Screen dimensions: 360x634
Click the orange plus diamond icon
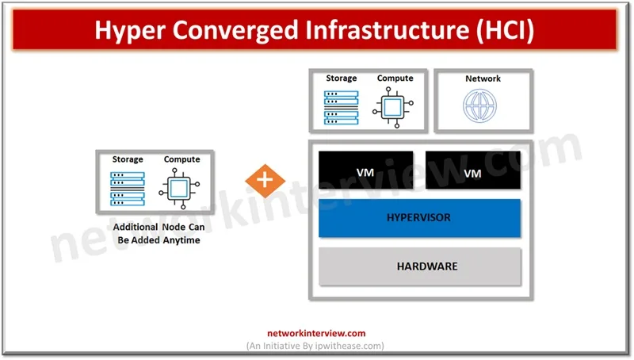265,181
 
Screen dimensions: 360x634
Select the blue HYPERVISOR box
419,218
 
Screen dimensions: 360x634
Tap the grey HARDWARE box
419,266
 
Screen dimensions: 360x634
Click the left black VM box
365,170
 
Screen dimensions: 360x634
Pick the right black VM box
472,170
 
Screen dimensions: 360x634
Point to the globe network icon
483,106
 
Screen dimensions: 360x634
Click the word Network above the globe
483,79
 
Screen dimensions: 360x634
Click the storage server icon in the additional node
128,188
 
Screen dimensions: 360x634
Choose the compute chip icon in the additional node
181,188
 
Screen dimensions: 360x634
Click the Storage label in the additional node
128,159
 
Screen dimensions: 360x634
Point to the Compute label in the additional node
181,159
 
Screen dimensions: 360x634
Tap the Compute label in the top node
395,79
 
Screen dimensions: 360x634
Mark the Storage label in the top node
342,79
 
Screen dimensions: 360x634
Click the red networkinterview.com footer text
315,334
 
